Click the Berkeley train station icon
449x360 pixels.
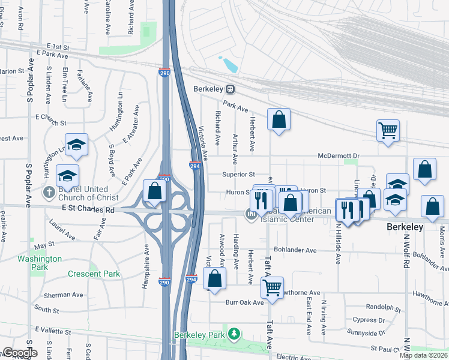230,89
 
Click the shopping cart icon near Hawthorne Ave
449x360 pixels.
273,287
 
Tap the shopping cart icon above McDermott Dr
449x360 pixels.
388,130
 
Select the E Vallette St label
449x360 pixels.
53,331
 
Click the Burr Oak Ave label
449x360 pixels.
245,302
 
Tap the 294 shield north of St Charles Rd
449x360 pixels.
194,166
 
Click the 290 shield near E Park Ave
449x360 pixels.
164,73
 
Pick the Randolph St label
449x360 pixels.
382,307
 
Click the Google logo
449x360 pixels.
19,353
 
